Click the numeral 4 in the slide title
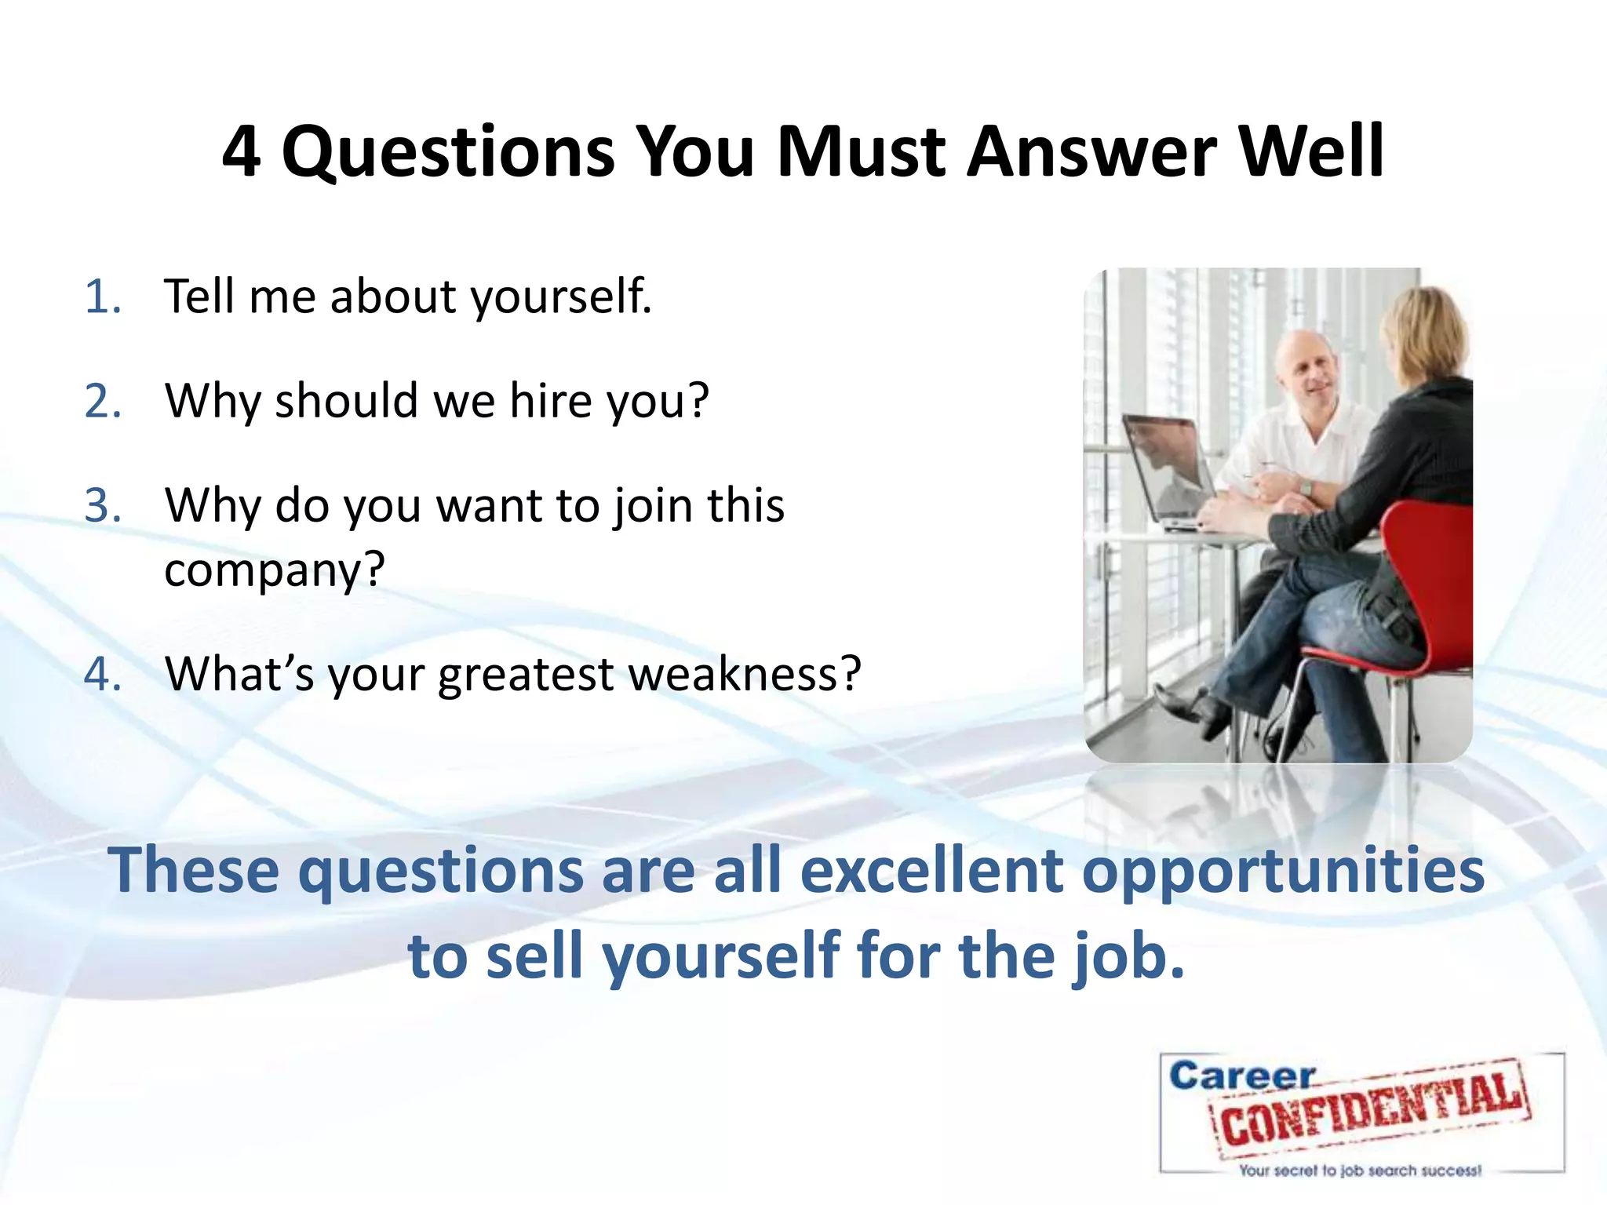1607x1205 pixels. pos(241,151)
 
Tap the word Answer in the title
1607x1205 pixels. pos(1091,151)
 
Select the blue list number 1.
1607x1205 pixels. pos(102,297)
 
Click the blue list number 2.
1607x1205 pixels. pos(103,402)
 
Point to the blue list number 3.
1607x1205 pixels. pos(103,506)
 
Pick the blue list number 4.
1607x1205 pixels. pos(103,674)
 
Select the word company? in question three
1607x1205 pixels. pos(275,570)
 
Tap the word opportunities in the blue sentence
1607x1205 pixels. pos(1283,872)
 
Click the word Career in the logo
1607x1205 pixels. pos(1241,1076)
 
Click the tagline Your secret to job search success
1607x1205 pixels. pos(1360,1171)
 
